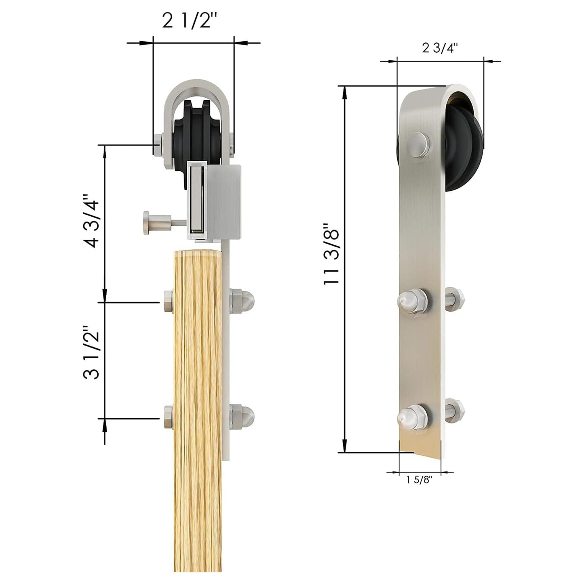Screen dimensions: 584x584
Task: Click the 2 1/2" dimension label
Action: point(192,21)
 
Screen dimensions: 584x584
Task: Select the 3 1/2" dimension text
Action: point(90,352)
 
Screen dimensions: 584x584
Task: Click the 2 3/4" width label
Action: point(440,48)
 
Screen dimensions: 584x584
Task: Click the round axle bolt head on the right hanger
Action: point(418,144)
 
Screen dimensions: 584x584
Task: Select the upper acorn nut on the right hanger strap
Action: point(411,301)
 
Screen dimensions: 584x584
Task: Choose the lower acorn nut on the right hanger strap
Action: point(411,417)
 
